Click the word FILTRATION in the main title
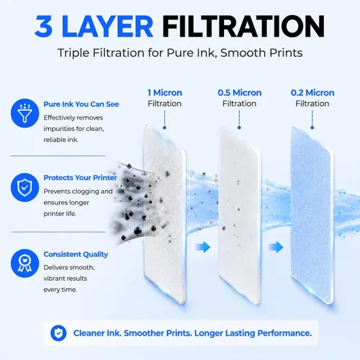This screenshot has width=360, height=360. click(245, 26)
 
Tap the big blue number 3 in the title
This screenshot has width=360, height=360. click(43, 27)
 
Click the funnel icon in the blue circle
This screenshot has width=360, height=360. click(24, 113)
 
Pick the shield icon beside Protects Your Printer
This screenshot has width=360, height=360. click(24, 187)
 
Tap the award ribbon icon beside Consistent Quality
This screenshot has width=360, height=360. click(24, 264)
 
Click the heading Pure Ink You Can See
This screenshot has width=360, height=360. click(81, 104)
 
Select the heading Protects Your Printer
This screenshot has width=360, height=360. click(80, 178)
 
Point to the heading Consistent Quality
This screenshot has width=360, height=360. click(76, 254)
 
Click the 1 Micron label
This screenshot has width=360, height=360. click(165, 93)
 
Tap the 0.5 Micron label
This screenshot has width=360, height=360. click(240, 93)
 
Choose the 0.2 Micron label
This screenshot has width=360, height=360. click(312, 93)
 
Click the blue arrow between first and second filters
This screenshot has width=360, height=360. click(203, 247)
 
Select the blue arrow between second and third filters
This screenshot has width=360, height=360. click(276, 247)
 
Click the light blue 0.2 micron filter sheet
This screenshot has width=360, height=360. click(312, 215)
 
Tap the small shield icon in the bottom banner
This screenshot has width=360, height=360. click(58, 333)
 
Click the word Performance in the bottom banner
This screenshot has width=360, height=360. click(284, 333)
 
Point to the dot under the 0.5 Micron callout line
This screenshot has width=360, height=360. click(239, 127)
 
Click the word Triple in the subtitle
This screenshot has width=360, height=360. click(73, 53)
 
